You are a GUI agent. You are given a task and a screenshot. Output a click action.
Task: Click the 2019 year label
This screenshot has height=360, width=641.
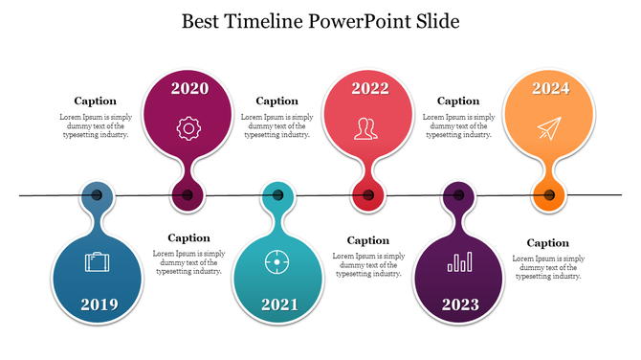(x=99, y=304)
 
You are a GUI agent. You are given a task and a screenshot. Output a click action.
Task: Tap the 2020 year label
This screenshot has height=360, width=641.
(x=189, y=89)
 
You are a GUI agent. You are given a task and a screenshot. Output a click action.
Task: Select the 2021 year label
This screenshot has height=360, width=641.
(x=279, y=304)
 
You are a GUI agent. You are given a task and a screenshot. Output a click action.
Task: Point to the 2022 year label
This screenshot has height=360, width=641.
(x=369, y=89)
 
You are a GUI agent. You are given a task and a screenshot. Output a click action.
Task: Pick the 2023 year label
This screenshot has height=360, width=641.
(x=460, y=304)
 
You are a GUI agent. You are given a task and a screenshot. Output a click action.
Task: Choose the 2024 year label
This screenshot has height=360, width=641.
(x=550, y=89)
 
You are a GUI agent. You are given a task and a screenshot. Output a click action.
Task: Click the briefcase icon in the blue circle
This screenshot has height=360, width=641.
(x=98, y=261)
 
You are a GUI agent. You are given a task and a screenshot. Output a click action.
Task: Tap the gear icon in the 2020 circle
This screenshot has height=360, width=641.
(x=188, y=128)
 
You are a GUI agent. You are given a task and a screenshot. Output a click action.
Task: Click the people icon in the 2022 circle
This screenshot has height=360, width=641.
(x=365, y=128)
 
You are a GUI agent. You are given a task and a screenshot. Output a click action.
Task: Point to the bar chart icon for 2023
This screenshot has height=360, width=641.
(x=460, y=260)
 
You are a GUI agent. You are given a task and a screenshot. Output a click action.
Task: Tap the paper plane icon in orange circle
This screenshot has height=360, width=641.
(x=547, y=128)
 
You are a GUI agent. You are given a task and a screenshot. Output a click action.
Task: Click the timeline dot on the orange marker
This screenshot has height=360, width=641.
(x=549, y=196)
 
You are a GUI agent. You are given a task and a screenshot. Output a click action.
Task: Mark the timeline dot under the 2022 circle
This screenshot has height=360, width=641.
(x=368, y=195)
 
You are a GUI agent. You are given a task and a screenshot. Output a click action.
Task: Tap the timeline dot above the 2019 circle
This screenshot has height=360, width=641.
(x=98, y=195)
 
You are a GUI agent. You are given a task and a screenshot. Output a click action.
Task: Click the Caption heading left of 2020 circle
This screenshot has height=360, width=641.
(x=96, y=101)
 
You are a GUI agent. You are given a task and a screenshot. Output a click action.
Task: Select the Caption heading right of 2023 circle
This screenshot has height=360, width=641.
(x=548, y=243)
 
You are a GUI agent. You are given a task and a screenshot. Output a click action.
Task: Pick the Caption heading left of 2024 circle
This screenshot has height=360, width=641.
(x=458, y=101)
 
